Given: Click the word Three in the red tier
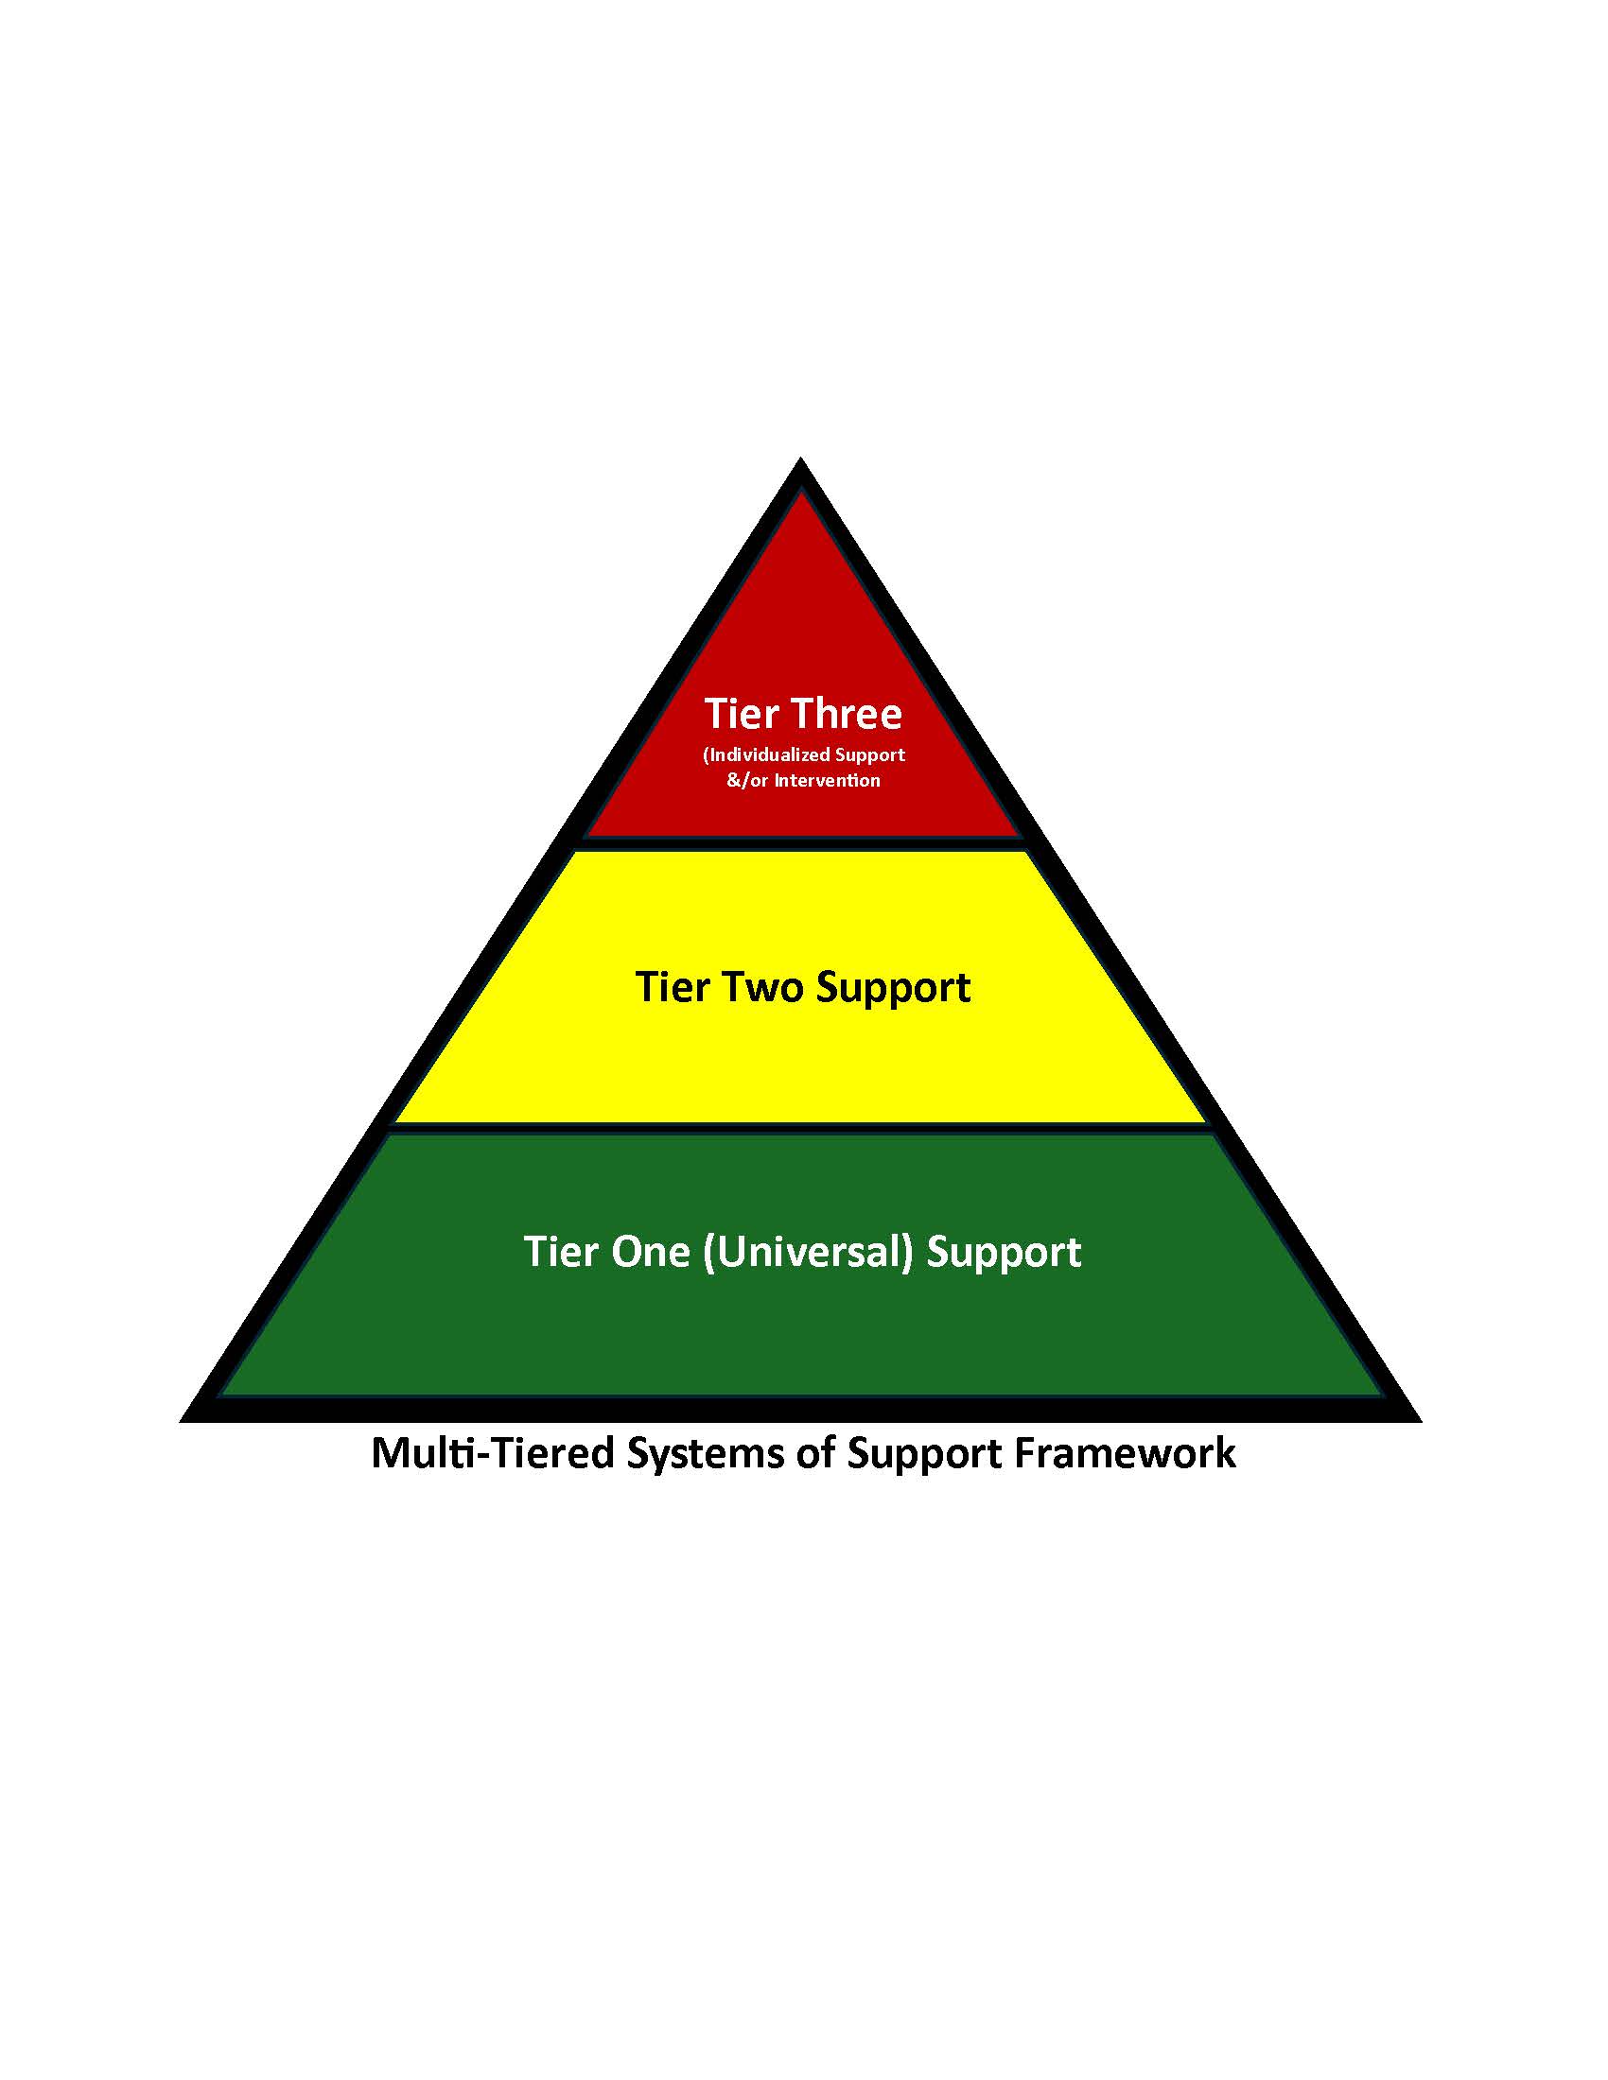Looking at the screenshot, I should pyautogui.click(x=847, y=713).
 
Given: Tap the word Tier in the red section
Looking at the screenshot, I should pyautogui.click(x=742, y=713).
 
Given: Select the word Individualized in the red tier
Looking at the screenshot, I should pyautogui.click(x=770, y=754).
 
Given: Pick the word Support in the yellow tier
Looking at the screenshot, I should pyautogui.click(x=894, y=989).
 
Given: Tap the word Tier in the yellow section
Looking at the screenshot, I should pyautogui.click(x=672, y=987).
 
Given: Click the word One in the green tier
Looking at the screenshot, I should pyautogui.click(x=651, y=1252).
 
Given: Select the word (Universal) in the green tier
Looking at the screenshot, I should pyautogui.click(x=808, y=1252).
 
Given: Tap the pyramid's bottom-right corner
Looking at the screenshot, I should pyautogui.click(x=1419, y=1420).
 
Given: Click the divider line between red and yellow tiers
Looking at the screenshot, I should pyautogui.click(x=803, y=842).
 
